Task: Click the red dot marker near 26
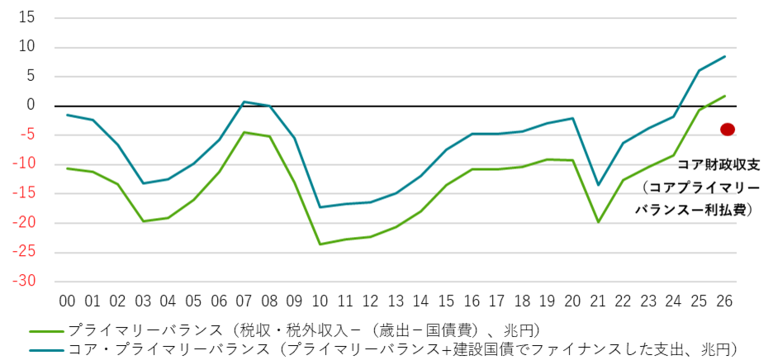coord(728,129)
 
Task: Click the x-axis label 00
coord(67,300)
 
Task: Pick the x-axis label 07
coord(244,300)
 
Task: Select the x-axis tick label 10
coord(320,300)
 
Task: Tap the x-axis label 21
coord(598,300)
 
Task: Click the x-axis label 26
coord(724,300)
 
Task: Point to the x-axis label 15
coord(447,300)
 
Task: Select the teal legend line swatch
coord(45,349)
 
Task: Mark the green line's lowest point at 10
coord(320,244)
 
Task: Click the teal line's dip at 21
coord(598,185)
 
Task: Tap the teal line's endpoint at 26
coord(724,56)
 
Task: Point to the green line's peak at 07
coord(244,132)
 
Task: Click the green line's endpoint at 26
coord(724,96)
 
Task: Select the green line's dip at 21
coord(598,221)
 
